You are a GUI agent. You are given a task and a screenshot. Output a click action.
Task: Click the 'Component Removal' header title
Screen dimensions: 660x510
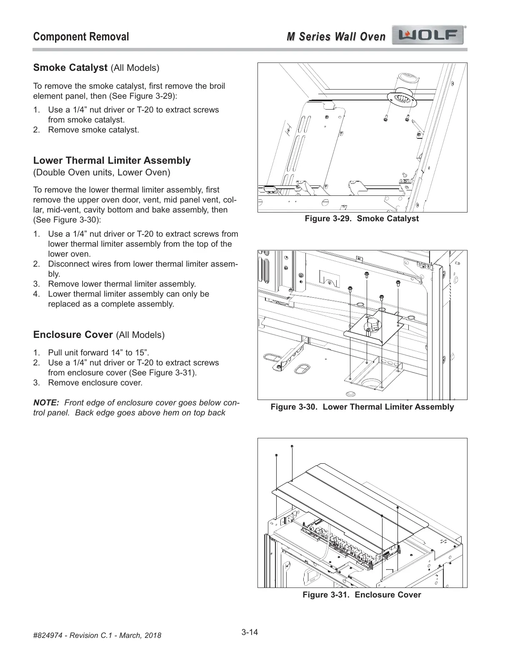point(81,37)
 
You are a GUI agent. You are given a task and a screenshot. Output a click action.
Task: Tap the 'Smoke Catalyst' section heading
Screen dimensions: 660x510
point(70,67)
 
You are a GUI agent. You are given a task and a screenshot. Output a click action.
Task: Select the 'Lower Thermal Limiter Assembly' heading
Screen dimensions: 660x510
point(112,160)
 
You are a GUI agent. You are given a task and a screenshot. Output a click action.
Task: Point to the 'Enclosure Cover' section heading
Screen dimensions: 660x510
point(73,335)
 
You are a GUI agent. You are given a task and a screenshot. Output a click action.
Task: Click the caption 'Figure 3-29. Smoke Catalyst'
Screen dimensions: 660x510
point(362,218)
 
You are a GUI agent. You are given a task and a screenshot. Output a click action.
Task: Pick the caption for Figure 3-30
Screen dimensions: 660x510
point(362,407)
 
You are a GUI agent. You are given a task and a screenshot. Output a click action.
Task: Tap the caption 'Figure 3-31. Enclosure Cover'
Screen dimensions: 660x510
point(362,595)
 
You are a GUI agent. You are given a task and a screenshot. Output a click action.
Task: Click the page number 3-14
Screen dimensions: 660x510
point(250,632)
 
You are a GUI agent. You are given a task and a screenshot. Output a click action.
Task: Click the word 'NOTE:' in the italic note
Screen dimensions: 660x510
point(46,403)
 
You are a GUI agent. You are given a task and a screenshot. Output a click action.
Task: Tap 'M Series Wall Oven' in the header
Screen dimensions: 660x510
point(336,37)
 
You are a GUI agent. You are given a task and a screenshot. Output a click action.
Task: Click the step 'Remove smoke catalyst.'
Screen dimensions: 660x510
point(93,130)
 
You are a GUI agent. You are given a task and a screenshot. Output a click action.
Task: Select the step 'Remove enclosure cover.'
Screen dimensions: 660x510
point(95,382)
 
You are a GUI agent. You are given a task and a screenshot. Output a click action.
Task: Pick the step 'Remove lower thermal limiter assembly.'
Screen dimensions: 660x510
point(122,284)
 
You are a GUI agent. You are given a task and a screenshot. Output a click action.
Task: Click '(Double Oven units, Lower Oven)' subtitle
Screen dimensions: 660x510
point(102,172)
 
